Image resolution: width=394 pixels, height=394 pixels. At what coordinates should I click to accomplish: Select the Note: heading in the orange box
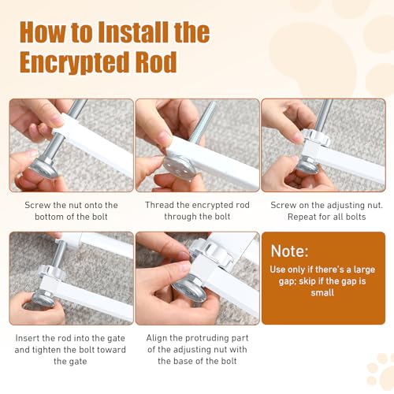click(x=289, y=251)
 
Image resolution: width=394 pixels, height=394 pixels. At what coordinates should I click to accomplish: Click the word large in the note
click(x=364, y=269)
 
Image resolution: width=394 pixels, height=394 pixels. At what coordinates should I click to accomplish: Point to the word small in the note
click(x=322, y=292)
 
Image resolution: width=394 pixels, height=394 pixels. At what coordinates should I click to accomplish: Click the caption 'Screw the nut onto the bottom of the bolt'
click(x=71, y=211)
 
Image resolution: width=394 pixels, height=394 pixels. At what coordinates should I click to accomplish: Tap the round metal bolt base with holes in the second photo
click(x=180, y=166)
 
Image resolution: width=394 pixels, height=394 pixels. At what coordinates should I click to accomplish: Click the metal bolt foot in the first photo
click(x=44, y=167)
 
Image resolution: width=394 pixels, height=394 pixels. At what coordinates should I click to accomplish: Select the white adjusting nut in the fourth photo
click(x=52, y=273)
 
